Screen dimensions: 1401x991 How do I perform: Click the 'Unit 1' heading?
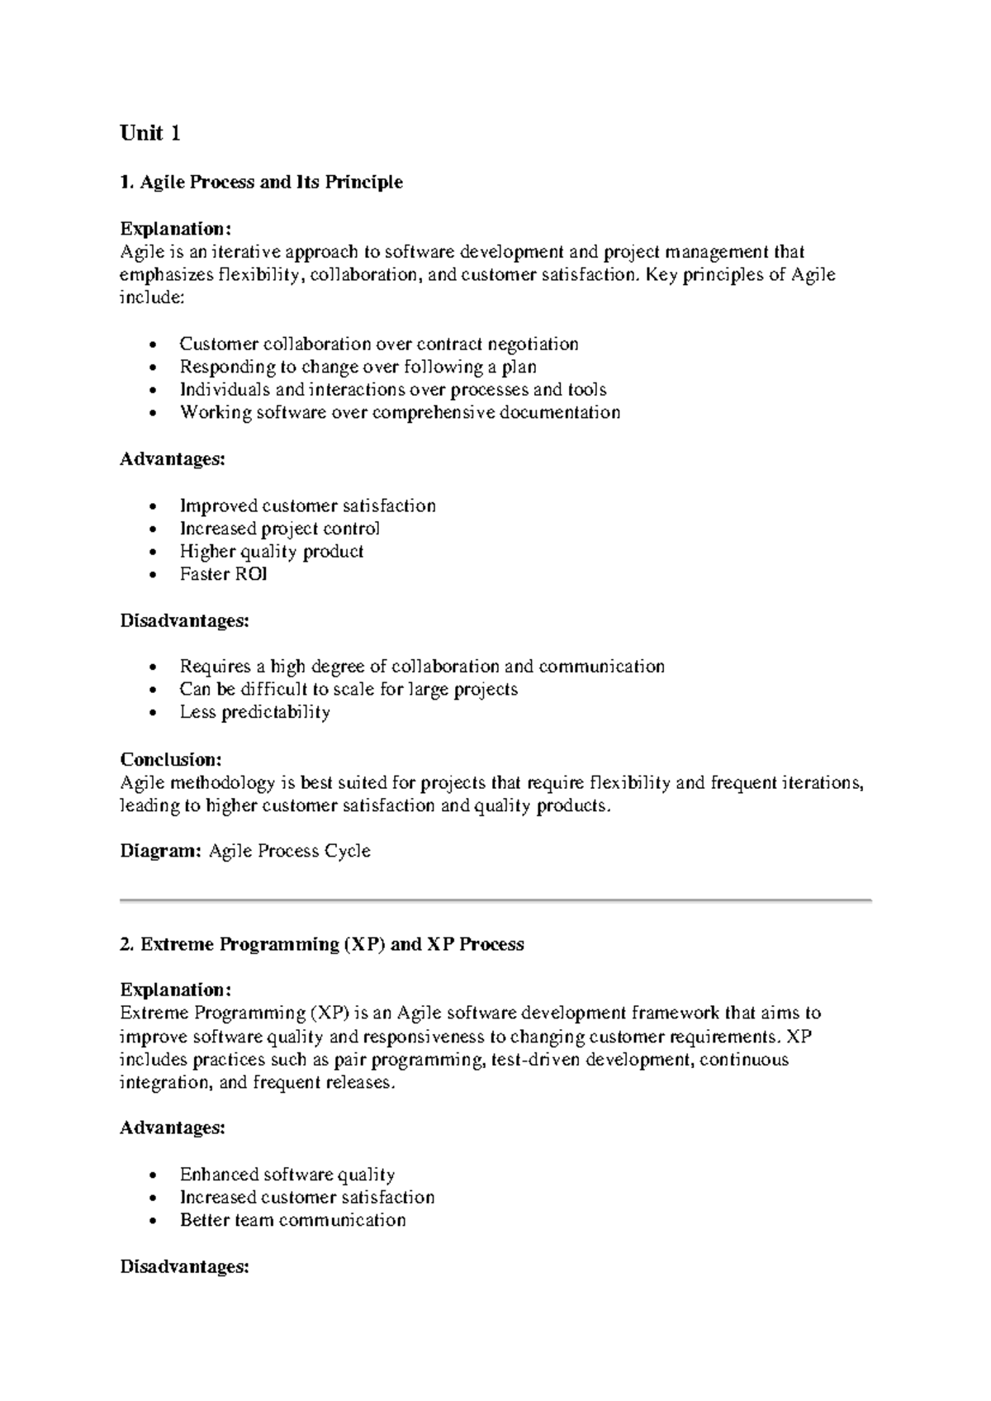coord(149,134)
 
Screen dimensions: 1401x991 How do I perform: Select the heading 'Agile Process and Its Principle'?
coord(271,182)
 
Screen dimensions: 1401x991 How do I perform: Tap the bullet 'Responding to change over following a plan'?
coord(358,367)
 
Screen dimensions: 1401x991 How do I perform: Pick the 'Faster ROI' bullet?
coord(223,574)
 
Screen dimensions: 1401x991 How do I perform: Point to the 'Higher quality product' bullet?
coord(272,551)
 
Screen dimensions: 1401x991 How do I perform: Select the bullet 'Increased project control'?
coord(280,529)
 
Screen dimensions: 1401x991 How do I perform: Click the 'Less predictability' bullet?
coord(254,712)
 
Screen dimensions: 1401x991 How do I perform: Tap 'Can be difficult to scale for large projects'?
coord(349,689)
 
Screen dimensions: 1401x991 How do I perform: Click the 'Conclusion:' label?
coord(171,759)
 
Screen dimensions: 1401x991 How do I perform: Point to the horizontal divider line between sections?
coord(495,900)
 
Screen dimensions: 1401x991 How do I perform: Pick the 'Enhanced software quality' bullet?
coord(287,1175)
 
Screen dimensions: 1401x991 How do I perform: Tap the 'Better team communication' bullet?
coord(292,1220)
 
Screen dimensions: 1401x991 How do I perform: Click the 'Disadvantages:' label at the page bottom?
coord(184,1266)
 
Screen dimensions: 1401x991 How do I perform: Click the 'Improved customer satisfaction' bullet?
coord(307,506)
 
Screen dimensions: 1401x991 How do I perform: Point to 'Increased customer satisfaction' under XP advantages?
coord(306,1198)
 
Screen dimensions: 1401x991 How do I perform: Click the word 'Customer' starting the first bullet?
coord(216,344)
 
